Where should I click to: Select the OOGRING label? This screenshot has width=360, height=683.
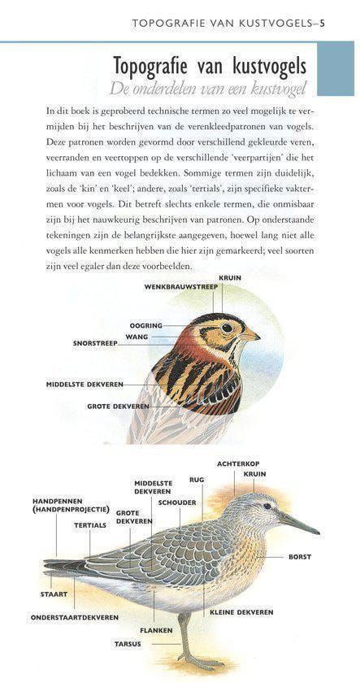tap(146, 326)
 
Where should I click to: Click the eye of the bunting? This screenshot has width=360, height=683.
tap(227, 328)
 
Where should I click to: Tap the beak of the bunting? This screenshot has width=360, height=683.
tap(249, 334)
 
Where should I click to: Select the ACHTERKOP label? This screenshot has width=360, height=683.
tap(236, 463)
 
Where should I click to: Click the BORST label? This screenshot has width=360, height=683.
tap(299, 557)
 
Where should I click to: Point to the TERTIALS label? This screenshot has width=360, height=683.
tap(89, 525)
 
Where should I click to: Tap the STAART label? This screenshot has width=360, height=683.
tap(54, 594)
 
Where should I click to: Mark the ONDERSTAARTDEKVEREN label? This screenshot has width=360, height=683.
tap(75, 617)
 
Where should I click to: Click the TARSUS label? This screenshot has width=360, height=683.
tap(127, 644)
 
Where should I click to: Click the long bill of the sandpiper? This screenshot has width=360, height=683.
tap(300, 523)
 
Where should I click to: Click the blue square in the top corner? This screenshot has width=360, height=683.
tap(336, 69)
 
